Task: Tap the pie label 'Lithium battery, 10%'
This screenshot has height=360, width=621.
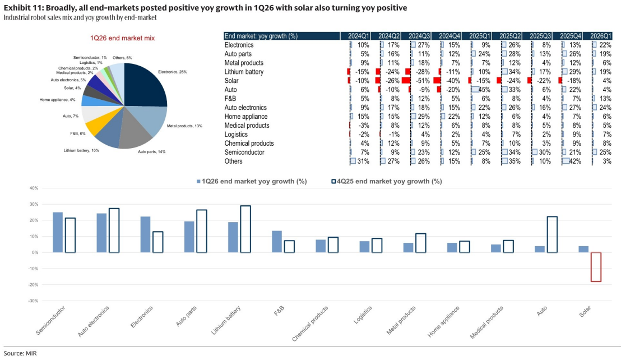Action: click(81, 150)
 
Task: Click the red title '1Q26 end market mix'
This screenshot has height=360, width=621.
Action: click(122, 38)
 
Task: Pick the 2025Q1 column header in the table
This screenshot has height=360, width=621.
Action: click(480, 36)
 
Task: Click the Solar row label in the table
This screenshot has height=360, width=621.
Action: click(231, 81)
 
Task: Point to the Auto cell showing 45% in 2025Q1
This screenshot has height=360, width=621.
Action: click(481, 90)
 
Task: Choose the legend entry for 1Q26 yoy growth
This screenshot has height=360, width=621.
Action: click(252, 181)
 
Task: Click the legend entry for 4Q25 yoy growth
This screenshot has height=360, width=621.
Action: click(387, 181)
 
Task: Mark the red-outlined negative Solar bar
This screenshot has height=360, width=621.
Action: click(596, 267)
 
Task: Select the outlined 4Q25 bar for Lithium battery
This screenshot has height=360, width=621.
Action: click(245, 229)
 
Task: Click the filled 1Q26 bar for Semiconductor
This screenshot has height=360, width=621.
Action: click(58, 232)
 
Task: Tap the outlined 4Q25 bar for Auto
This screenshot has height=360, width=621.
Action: click(552, 234)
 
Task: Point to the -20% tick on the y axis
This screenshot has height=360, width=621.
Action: click(33, 285)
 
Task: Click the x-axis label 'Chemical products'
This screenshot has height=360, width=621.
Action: click(310, 324)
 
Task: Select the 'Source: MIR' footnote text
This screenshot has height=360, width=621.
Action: click(20, 353)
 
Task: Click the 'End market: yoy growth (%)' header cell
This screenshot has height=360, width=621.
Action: click(261, 36)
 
